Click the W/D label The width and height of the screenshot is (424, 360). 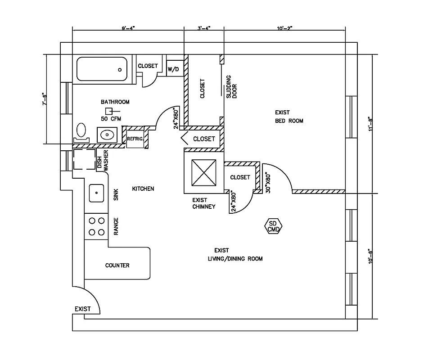click(173, 69)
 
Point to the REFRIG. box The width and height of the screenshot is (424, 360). click(135, 139)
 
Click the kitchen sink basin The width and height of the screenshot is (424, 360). click(97, 193)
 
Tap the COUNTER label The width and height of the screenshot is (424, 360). click(117, 265)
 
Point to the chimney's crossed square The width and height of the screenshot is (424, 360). click(204, 173)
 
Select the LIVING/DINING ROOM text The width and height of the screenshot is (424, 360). click(235, 259)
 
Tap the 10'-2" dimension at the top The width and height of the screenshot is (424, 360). click(284, 28)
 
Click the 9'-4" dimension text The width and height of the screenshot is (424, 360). click(128, 28)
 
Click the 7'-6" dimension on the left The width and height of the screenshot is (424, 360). click(44, 99)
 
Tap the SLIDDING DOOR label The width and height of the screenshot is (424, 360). click(231, 86)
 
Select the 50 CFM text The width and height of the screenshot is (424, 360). click(111, 119)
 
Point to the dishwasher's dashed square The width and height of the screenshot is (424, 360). click(83, 159)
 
